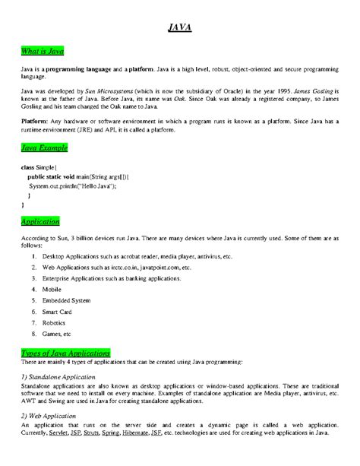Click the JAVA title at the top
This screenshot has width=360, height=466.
coord(180,28)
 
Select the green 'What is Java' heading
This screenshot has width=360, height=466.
coord(43,51)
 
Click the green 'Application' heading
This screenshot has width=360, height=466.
coord(42,221)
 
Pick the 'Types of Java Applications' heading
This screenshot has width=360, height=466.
coord(66,353)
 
